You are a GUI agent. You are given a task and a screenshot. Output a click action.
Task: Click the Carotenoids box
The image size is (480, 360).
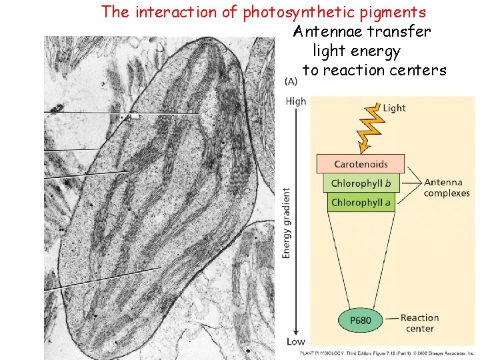coord(361,164)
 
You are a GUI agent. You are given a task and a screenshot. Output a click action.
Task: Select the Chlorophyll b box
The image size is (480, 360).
coord(361,183)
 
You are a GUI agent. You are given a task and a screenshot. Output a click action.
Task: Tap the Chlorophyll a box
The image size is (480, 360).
coord(361,202)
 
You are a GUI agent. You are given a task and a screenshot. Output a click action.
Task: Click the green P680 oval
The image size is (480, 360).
coord(360,321)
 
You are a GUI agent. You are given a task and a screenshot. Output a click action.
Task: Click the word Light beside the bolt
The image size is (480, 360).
coord(395,108)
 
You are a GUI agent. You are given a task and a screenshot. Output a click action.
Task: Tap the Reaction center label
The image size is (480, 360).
coord(419,323)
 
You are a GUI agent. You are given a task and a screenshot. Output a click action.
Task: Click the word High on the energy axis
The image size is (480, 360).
coord(295,101)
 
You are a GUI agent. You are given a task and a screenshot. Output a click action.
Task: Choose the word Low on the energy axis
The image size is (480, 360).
coord(295,341)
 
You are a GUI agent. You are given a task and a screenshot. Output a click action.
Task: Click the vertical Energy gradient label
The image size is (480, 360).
coord(287,223)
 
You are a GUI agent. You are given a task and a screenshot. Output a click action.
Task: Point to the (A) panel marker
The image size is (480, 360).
coord(291,82)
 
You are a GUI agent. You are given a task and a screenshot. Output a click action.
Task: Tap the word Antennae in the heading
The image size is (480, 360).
coord(325,31)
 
